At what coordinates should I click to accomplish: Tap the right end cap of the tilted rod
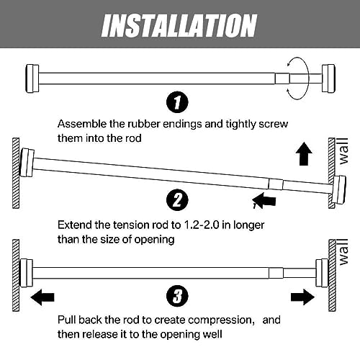tap(336, 189)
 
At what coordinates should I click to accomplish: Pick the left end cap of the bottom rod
tap(27, 272)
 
